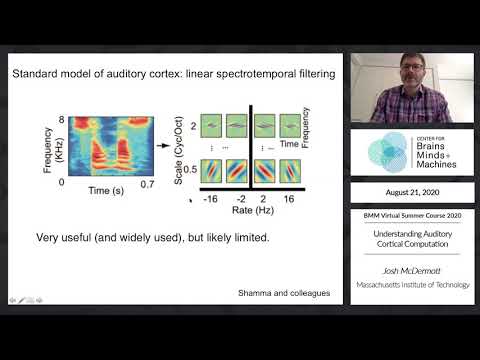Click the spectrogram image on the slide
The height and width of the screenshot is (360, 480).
coord(103,150)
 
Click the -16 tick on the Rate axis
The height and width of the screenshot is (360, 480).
coord(210,199)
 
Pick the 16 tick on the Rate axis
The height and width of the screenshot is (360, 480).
coord(288,199)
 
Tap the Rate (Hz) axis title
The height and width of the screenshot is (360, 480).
coord(249,212)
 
